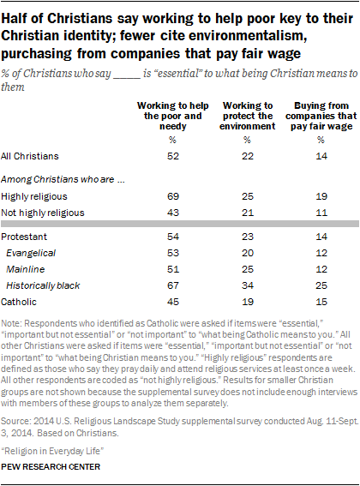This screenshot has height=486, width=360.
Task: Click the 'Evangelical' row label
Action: [33, 255]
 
